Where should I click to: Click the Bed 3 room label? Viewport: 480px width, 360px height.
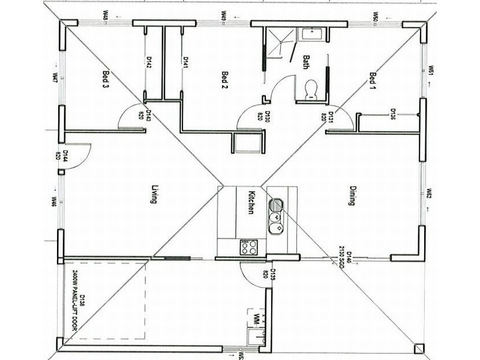pos(106,79)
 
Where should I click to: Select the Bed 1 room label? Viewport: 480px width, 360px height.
pos(373,79)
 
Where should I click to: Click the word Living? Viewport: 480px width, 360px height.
pos(153,195)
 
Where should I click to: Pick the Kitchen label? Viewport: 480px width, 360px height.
pos(253,202)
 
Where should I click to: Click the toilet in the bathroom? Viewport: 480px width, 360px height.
pos(311,89)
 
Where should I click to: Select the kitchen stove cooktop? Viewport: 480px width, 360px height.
pos(249,247)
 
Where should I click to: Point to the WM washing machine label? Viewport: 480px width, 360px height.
pos(257,317)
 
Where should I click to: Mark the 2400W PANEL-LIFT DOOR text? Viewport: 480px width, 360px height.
pos(75,301)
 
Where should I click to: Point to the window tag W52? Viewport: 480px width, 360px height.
pos(430,194)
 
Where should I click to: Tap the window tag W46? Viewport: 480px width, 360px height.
pos(54,202)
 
